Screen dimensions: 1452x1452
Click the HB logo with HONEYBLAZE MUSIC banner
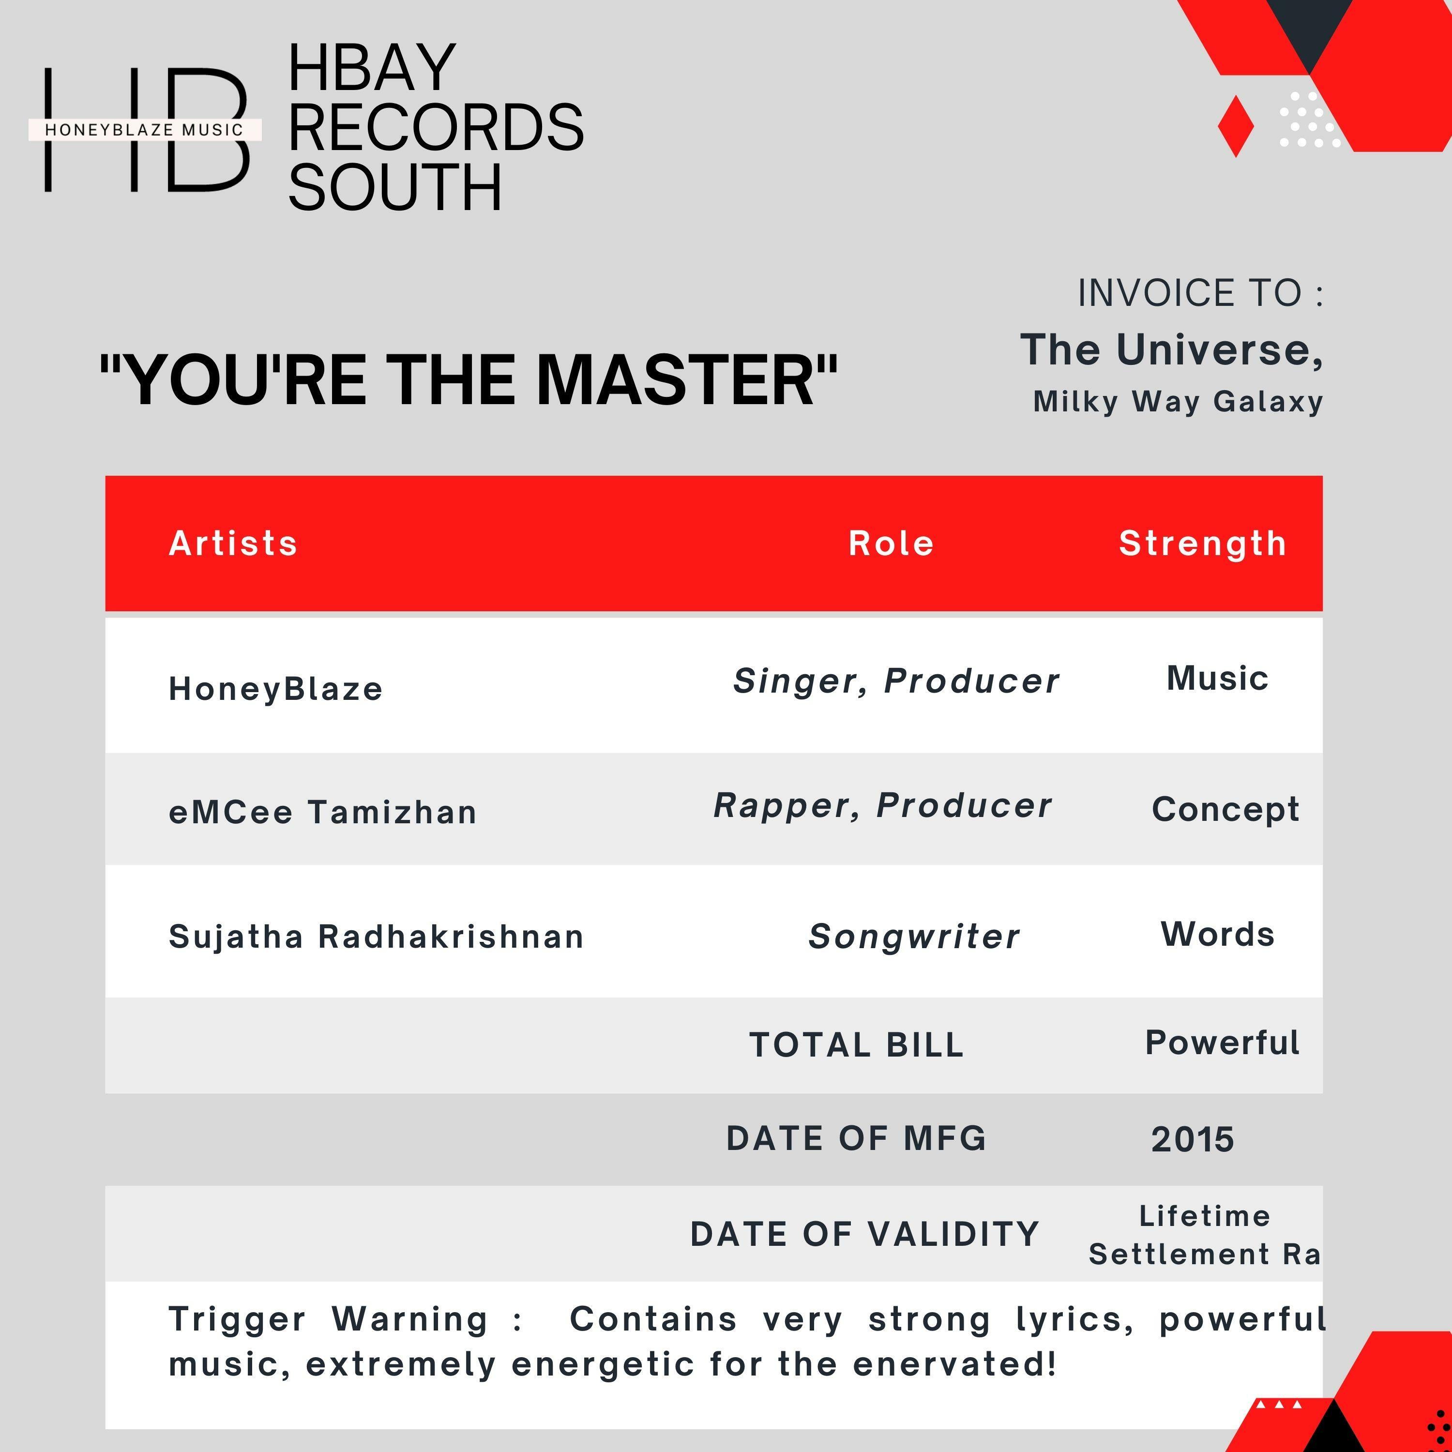145,129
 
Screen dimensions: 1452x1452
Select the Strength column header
1202,544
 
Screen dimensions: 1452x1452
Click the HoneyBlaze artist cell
276,688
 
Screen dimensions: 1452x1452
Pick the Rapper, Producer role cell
882,806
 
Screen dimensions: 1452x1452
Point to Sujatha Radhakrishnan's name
376,937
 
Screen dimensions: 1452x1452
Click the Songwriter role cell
914,937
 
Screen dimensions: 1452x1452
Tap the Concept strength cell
1225,809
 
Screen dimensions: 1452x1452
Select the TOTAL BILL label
857,1044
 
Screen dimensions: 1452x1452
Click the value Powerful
1222,1043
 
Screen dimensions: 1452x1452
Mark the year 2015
1192,1139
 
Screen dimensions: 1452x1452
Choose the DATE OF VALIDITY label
865,1234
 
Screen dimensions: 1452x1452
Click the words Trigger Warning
329,1319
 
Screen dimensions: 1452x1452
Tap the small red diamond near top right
1236,125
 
